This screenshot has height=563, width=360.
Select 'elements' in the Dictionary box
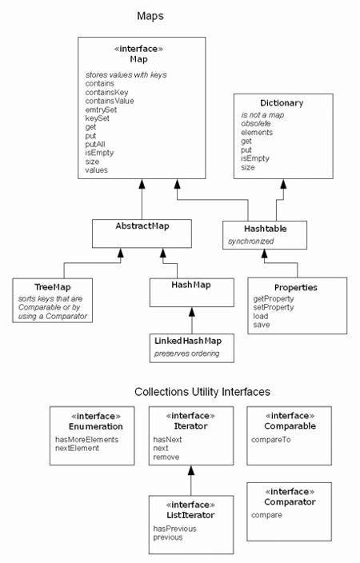(x=258, y=132)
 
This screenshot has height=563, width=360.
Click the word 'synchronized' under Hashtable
(x=250, y=241)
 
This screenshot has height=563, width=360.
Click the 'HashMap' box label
(x=191, y=285)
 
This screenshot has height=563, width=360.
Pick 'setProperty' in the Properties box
(x=274, y=306)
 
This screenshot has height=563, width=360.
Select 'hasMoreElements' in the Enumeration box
(x=86, y=440)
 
